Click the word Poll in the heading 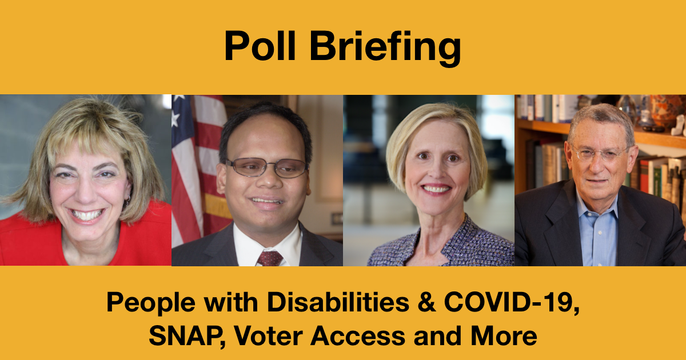coord(260,46)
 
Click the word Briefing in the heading coord(385,48)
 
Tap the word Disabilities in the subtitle coord(338,302)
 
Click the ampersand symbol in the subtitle coord(426,302)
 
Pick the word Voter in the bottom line coord(268,336)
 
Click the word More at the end coord(504,336)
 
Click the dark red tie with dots coord(269,258)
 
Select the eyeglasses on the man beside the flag coord(267,167)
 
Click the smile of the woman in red coord(87,215)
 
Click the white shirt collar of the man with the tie coord(267,242)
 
